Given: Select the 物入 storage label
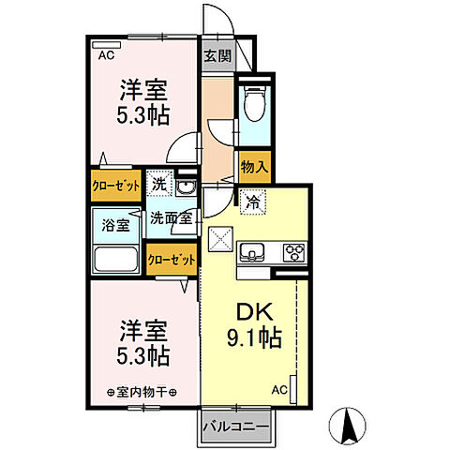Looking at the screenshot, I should tap(253, 167).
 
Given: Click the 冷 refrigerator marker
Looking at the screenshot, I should tap(253, 199).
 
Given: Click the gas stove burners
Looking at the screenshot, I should tap(293, 251).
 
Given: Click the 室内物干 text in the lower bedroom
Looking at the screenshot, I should tap(141, 391).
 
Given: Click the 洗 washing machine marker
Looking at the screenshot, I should tap(159, 185).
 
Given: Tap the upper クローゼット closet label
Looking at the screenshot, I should tap(115, 186).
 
